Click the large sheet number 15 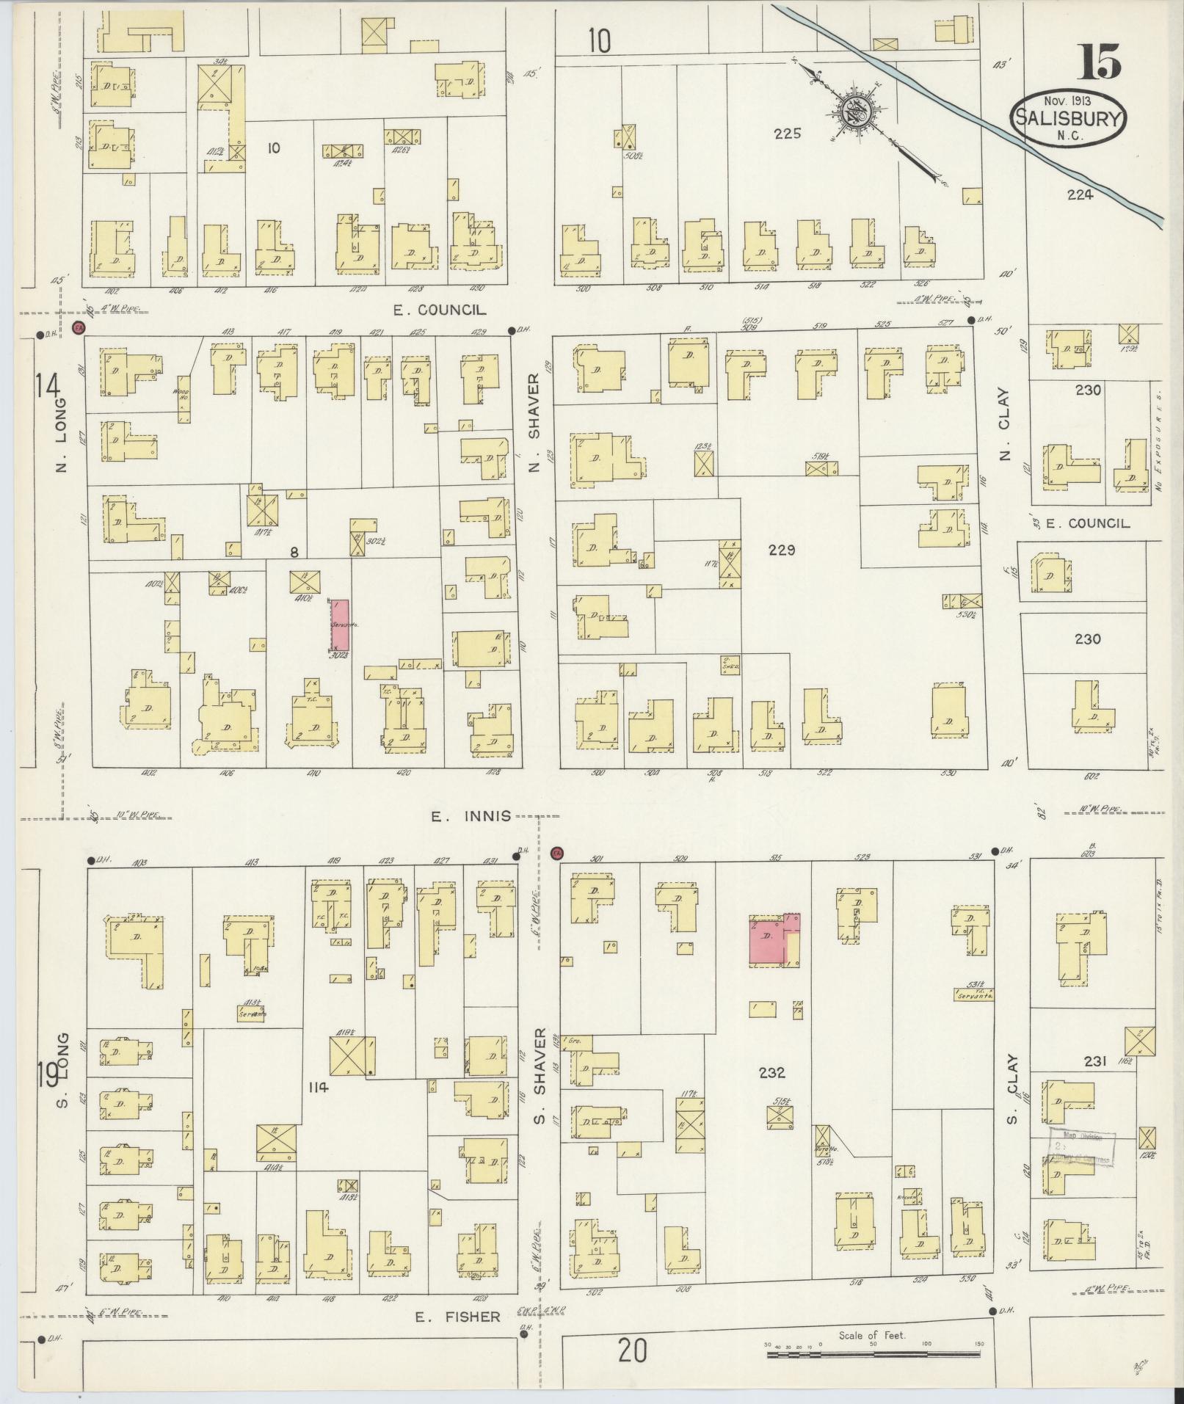(x=1098, y=62)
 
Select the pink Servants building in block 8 (x=340, y=625)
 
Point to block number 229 (x=782, y=550)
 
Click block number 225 (x=786, y=134)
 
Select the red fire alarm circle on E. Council (x=78, y=327)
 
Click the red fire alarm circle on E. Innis (x=556, y=853)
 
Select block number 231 (x=1094, y=1061)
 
